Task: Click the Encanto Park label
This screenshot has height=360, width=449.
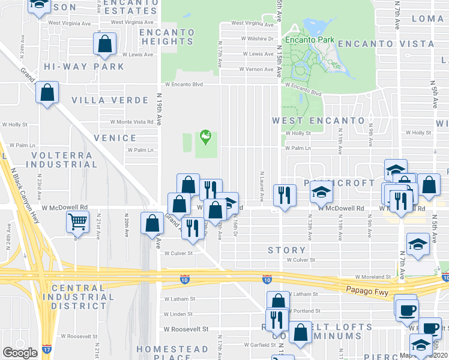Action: point(309,40)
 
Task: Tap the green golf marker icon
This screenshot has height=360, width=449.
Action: point(206,137)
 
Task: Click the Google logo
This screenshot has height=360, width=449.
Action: point(19,353)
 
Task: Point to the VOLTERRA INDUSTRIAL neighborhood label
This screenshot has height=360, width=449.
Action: point(62,160)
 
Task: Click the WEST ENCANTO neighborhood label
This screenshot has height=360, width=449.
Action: point(318,121)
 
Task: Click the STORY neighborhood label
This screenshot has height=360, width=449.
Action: point(286,250)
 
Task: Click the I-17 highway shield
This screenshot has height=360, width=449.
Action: point(47,348)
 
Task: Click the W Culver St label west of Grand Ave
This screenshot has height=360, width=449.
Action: point(178,253)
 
